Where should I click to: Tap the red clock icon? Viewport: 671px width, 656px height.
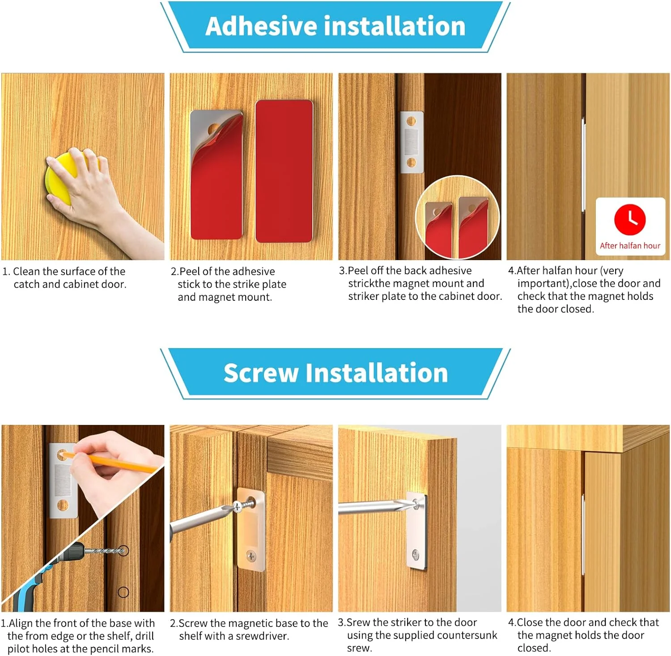630,219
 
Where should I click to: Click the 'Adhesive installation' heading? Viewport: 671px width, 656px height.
335,26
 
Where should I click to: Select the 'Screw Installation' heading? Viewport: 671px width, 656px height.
335,373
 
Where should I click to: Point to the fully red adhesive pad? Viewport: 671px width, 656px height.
284,171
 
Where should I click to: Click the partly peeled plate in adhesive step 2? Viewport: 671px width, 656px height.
217,174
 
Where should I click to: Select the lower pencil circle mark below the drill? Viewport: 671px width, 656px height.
123,593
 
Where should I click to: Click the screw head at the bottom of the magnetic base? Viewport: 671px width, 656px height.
251,556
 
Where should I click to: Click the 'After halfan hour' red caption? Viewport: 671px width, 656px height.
630,245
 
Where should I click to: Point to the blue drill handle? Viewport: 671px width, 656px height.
27,590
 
